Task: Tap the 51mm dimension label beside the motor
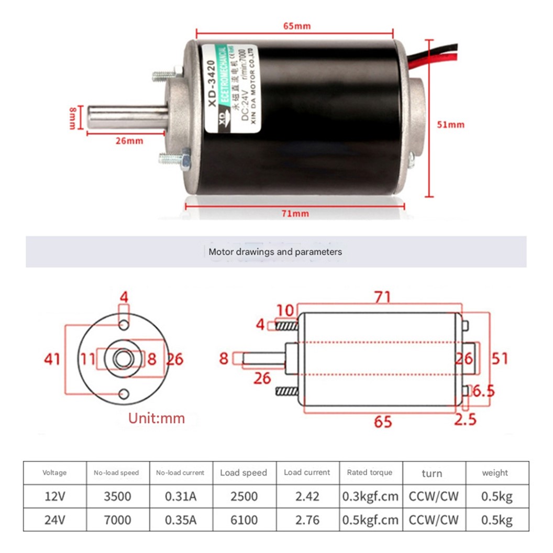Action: point(450,125)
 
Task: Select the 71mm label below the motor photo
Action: point(294,213)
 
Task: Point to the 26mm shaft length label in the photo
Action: point(129,140)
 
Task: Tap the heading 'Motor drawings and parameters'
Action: point(275,252)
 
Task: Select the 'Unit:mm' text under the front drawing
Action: point(157,418)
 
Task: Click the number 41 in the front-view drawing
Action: point(52,359)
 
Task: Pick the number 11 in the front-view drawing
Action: point(89,359)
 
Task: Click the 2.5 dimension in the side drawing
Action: point(465,419)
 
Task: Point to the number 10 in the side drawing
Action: point(286,310)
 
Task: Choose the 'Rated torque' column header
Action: point(370,472)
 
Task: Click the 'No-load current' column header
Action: point(180,472)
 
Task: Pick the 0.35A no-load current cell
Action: point(180,520)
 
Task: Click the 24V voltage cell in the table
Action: point(54,520)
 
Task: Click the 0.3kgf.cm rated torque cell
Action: point(370,496)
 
